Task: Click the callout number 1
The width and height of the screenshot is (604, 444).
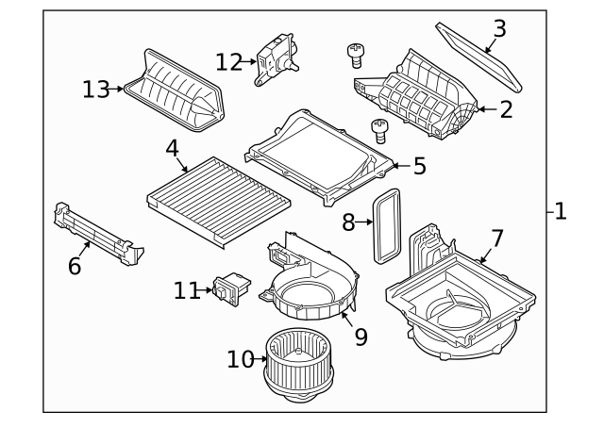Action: click(560, 212)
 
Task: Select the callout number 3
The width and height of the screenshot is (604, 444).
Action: click(499, 27)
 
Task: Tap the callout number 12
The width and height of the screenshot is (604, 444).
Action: click(228, 62)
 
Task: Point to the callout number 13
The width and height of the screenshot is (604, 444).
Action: click(94, 90)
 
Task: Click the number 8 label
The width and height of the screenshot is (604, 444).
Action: click(347, 222)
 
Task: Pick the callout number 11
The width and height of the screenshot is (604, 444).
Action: click(187, 290)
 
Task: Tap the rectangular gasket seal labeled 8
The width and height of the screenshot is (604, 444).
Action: click(386, 225)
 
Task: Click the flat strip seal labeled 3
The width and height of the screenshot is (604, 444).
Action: click(481, 57)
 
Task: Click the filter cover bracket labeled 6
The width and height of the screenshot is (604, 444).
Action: click(94, 231)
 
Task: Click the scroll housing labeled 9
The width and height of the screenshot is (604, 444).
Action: click(311, 283)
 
